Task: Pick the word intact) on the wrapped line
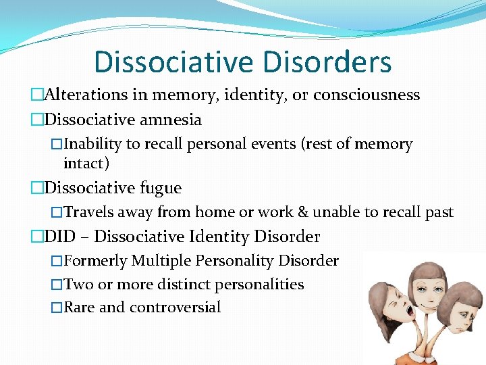pyautogui.click(x=86, y=163)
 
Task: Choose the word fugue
pyautogui.click(x=159, y=187)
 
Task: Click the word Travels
pyautogui.click(x=89, y=212)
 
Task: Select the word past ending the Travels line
pyautogui.click(x=439, y=212)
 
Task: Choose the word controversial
pyautogui.click(x=175, y=308)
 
